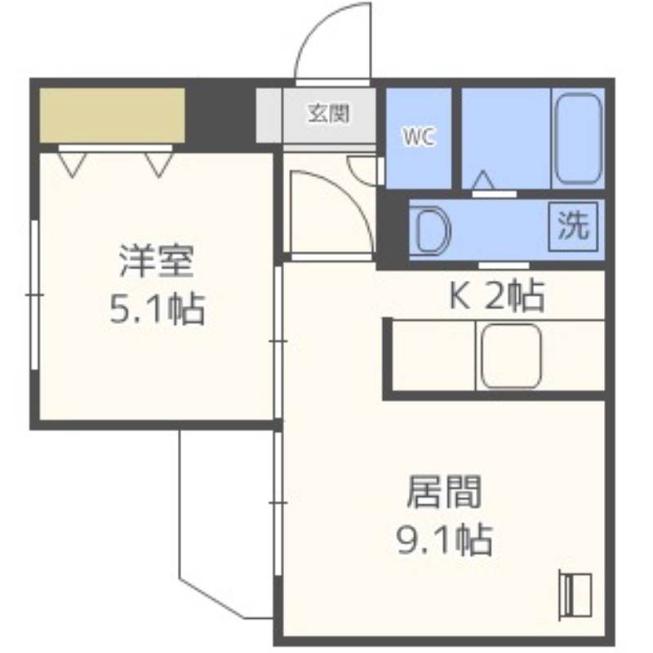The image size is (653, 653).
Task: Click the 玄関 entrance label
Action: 329,113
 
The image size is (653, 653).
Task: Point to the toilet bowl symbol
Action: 431,230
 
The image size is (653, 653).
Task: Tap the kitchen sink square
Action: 511,356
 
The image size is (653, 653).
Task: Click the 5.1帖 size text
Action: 156,309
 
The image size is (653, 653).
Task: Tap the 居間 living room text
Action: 444,493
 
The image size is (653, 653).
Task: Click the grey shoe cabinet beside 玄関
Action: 269,114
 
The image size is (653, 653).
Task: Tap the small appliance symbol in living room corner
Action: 576,593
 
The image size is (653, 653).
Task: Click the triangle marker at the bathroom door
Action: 483,180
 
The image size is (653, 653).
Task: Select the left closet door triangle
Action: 71,163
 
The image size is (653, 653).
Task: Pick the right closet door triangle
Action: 159,163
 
